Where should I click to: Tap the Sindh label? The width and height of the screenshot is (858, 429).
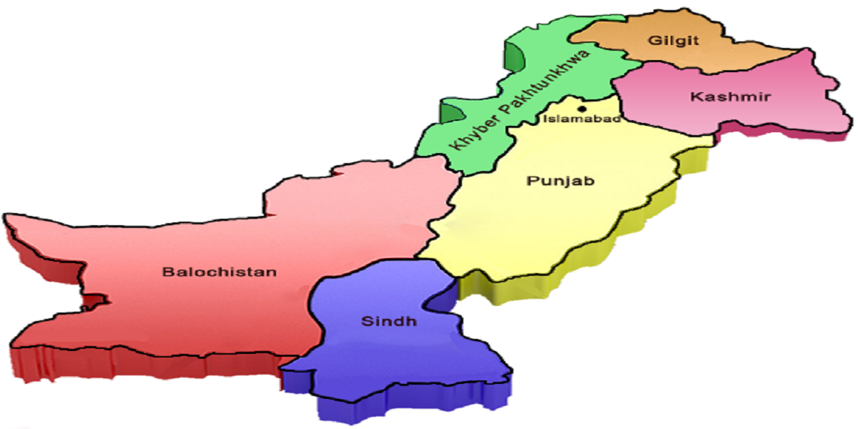388,321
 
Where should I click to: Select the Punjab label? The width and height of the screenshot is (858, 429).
560,182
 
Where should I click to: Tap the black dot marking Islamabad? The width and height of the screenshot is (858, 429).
582,109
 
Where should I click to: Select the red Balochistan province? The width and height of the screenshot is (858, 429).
179,315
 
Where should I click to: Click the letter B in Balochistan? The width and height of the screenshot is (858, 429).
166,272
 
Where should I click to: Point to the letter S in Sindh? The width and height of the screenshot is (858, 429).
364,321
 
